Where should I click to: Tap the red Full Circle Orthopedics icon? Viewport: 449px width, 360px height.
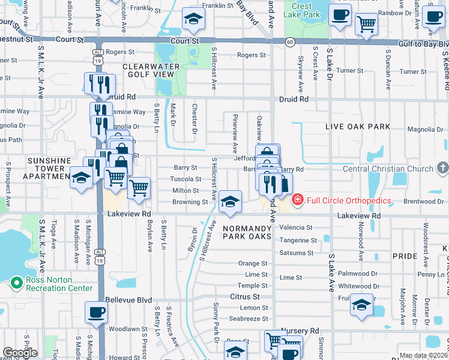(297, 200)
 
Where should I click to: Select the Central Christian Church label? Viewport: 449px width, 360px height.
(388, 169)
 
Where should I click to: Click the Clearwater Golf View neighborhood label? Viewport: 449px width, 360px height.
(149, 70)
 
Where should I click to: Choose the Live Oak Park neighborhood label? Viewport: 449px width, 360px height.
(358, 127)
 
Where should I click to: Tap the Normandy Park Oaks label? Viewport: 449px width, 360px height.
(247, 233)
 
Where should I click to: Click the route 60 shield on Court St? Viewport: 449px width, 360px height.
(290, 42)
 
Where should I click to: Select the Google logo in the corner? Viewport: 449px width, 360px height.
(19, 353)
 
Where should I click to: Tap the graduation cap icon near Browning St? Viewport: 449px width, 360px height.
(230, 202)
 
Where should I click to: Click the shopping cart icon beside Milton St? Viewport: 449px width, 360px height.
(139, 188)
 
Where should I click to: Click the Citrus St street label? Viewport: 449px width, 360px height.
(245, 296)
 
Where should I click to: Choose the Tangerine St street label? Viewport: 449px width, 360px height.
(298, 241)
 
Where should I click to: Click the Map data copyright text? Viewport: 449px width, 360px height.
(423, 356)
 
